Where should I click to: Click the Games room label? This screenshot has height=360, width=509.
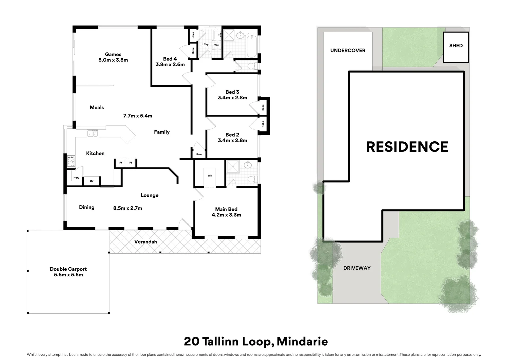click(x=113, y=54)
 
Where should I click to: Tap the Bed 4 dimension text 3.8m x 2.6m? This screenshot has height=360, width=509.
click(x=170, y=65)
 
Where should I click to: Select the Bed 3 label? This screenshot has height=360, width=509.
click(x=232, y=92)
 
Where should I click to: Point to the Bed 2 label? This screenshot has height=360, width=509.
click(x=232, y=135)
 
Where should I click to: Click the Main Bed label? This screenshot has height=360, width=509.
click(x=226, y=209)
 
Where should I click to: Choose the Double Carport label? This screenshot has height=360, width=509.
click(x=68, y=269)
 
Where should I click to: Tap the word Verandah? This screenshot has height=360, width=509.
click(x=146, y=242)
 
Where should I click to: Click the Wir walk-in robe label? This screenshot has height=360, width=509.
click(x=210, y=176)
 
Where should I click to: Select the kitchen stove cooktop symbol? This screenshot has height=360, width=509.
click(x=71, y=161)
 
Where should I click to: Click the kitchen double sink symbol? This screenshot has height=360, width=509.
click(x=92, y=133)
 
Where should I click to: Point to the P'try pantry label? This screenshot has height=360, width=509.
click(x=76, y=178)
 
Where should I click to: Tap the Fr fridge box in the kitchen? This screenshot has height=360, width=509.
click(x=121, y=162)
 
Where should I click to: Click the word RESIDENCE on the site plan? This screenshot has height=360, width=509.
click(x=407, y=147)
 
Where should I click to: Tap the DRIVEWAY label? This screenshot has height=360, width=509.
click(x=357, y=268)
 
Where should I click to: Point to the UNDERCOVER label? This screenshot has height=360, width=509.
click(x=348, y=51)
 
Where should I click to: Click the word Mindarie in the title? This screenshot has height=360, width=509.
click(x=302, y=342)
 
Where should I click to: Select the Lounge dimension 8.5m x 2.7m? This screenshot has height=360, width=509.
click(x=128, y=208)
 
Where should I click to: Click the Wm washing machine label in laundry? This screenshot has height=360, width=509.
click(x=217, y=45)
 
